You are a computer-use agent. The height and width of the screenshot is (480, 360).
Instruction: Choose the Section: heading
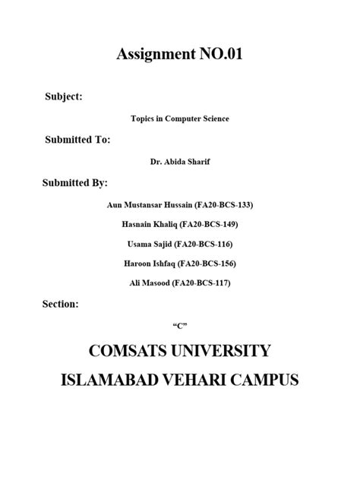62,304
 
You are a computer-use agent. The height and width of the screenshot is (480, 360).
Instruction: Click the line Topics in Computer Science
180,118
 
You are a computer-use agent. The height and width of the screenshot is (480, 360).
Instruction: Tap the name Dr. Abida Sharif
180,162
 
